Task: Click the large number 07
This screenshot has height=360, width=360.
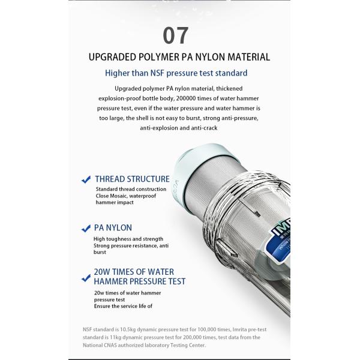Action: (176, 35)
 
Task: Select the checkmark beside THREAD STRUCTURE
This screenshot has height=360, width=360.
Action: (86, 179)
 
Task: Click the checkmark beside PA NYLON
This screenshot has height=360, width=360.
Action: (86, 229)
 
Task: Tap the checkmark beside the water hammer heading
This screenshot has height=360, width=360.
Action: (86, 278)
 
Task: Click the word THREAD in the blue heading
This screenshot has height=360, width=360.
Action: (110, 179)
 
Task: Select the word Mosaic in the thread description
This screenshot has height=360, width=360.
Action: (118, 196)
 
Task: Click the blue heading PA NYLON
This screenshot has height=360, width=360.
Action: (113, 228)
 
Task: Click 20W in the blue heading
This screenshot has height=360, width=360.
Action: (102, 272)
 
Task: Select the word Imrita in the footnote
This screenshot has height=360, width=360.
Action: (239, 329)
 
